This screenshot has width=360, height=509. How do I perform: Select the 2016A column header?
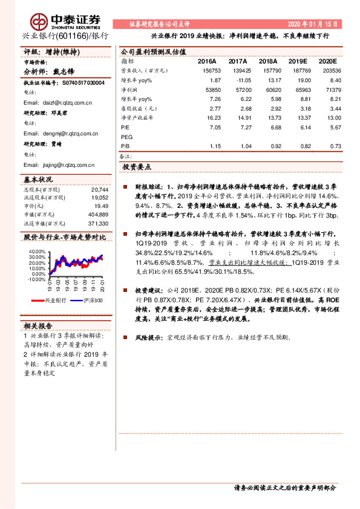point(207,62)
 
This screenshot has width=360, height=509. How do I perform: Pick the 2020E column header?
point(327,62)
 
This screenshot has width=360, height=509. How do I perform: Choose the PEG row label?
point(127,137)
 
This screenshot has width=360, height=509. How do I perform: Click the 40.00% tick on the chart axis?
point(36,251)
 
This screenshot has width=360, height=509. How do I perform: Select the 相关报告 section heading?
point(37,324)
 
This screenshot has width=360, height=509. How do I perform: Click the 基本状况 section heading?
point(38,180)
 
